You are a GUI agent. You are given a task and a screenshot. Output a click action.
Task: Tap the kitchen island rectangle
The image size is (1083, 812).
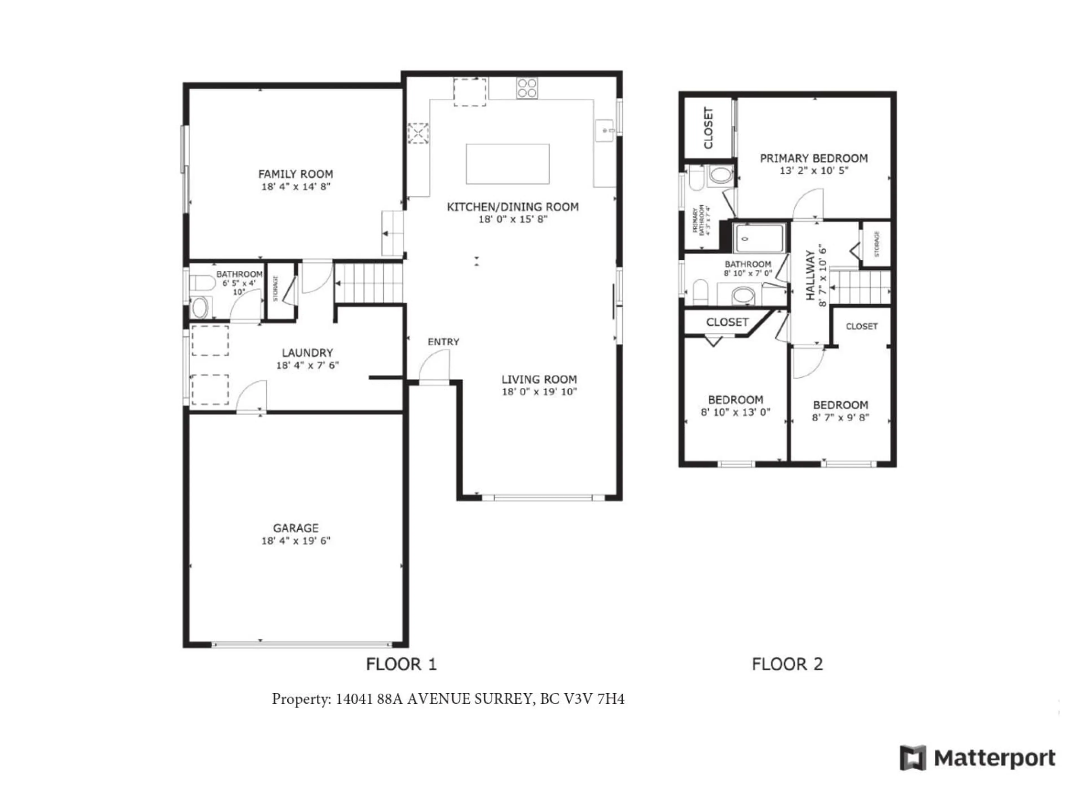click(x=507, y=164)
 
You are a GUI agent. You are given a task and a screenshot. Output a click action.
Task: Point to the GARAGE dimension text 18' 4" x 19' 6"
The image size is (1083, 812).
click(x=296, y=540)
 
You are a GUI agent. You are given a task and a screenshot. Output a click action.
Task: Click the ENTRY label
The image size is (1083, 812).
click(x=443, y=342)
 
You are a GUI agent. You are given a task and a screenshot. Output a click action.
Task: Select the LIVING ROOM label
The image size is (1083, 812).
click(x=539, y=379)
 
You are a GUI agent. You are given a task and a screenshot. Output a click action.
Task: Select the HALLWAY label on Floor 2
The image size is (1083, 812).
click(x=810, y=275)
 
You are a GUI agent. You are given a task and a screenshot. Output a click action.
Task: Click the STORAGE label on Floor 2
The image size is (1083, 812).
click(x=876, y=244)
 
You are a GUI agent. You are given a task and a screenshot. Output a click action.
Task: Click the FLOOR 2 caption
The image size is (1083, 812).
click(x=787, y=664)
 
